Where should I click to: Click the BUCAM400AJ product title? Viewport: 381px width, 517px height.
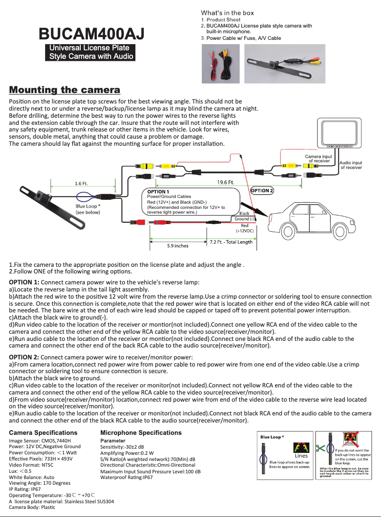[x=92, y=34]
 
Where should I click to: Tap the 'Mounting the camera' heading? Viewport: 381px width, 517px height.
[x=65, y=90]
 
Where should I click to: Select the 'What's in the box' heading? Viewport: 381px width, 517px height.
[x=227, y=13]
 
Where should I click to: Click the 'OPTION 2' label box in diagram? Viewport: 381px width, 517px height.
[x=262, y=190]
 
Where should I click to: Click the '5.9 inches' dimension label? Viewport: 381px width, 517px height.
[x=178, y=245]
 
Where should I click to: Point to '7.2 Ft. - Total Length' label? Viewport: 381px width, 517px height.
[x=231, y=242]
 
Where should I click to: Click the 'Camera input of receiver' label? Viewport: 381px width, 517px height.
[x=318, y=159]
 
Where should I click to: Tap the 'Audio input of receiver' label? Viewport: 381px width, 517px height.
[x=351, y=165]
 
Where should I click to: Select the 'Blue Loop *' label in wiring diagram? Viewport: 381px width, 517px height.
[x=88, y=207]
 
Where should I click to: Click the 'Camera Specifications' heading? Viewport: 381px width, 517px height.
[x=43, y=432]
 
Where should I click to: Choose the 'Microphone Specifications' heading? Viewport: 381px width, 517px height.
[x=141, y=432]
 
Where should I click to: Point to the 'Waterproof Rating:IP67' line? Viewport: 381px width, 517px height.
[x=126, y=478]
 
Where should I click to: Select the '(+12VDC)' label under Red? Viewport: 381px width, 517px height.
[x=245, y=230]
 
